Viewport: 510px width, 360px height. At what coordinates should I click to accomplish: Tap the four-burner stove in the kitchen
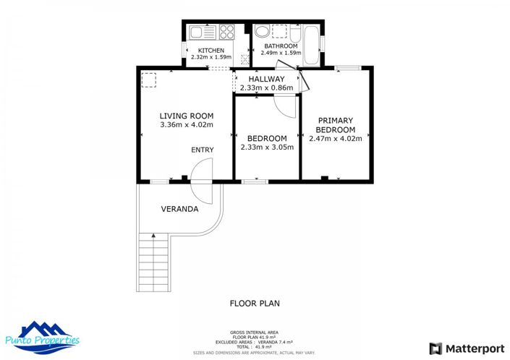(226, 32)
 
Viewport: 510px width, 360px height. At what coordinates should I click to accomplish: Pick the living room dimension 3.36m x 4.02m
(186, 124)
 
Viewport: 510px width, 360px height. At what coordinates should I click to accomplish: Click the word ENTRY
(202, 150)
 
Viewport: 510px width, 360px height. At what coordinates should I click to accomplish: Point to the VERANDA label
(179, 209)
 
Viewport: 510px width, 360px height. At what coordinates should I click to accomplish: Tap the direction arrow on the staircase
(153, 235)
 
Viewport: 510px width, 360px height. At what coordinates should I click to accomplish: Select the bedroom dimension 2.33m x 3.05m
(267, 147)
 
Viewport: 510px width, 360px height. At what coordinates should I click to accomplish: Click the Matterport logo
(467, 348)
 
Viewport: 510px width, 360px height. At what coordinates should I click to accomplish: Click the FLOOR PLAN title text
(255, 304)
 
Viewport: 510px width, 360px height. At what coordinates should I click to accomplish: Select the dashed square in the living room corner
(150, 80)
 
